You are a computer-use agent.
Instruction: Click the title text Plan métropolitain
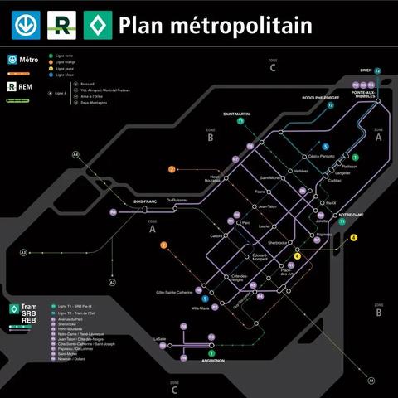pos(215,25)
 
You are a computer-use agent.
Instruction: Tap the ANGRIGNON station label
pos(214,361)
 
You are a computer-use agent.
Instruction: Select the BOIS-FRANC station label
pos(145,202)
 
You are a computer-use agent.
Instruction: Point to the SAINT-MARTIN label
pos(237,114)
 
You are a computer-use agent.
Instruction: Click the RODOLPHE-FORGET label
pos(320,97)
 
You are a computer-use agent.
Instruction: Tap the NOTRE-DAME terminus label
pos(351,216)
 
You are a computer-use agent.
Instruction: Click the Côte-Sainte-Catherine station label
pos(174,292)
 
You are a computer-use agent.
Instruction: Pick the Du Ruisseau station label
pos(177,200)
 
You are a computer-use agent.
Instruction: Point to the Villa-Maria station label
pos(201,308)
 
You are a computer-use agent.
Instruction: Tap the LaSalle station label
pos(160,339)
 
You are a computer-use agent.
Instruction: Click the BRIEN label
pos(366,70)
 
